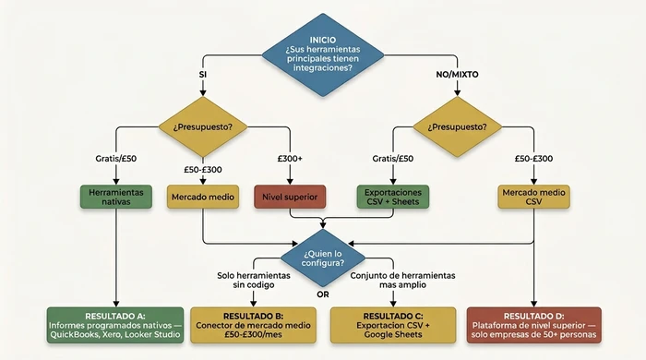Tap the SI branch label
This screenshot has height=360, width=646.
(x=202, y=73)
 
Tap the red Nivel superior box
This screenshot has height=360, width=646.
(x=289, y=196)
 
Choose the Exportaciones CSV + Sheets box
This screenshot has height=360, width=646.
(x=392, y=196)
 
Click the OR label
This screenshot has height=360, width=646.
(x=322, y=295)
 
